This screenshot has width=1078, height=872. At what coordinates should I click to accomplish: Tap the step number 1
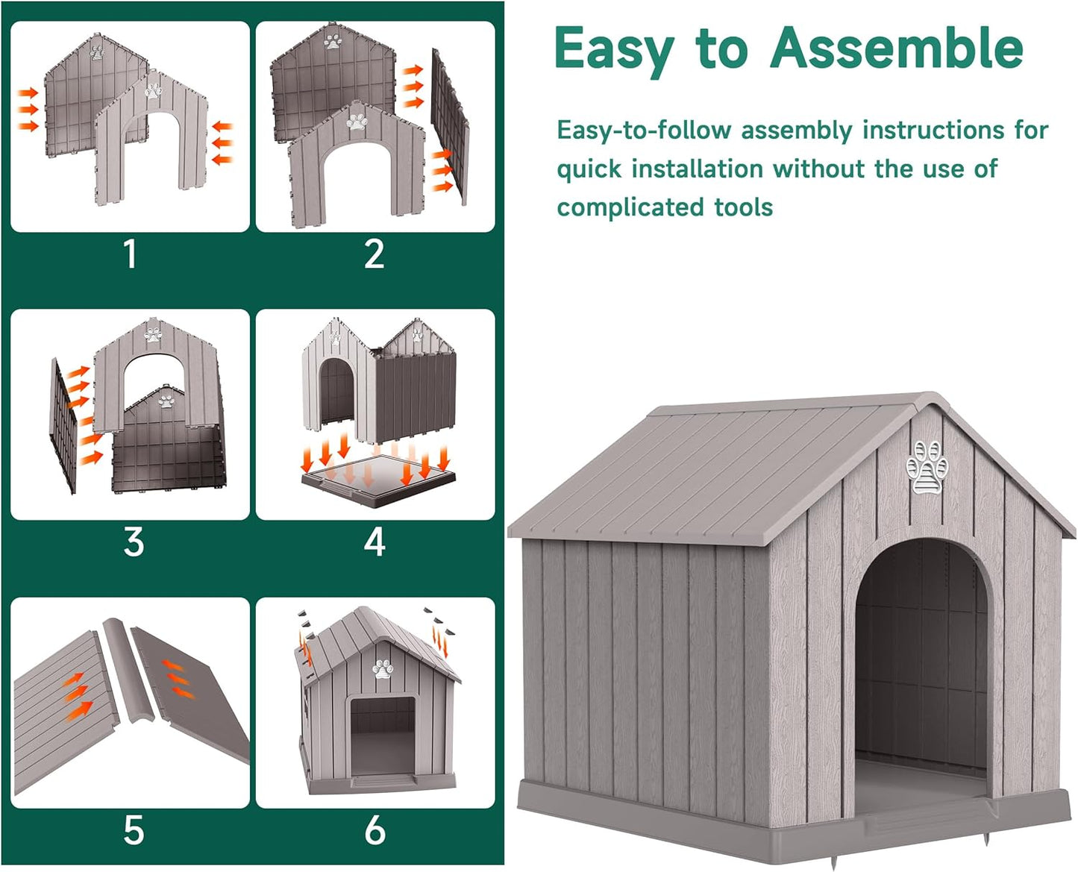click(x=131, y=254)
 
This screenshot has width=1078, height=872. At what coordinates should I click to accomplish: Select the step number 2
click(x=375, y=254)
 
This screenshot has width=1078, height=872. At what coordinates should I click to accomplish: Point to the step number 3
click(x=134, y=542)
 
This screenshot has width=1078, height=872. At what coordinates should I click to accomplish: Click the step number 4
click(x=375, y=542)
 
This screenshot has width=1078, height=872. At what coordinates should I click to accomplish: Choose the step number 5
click(x=134, y=830)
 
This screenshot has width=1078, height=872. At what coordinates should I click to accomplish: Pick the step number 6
click(x=375, y=830)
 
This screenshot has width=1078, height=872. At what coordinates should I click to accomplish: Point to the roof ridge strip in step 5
click(x=128, y=671)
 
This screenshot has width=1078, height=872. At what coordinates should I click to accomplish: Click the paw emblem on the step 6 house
click(x=383, y=668)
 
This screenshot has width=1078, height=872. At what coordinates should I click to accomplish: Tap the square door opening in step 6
click(x=382, y=735)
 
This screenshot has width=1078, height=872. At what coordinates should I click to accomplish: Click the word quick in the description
click(x=589, y=169)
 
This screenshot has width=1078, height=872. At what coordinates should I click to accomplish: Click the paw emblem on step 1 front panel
click(x=152, y=91)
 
